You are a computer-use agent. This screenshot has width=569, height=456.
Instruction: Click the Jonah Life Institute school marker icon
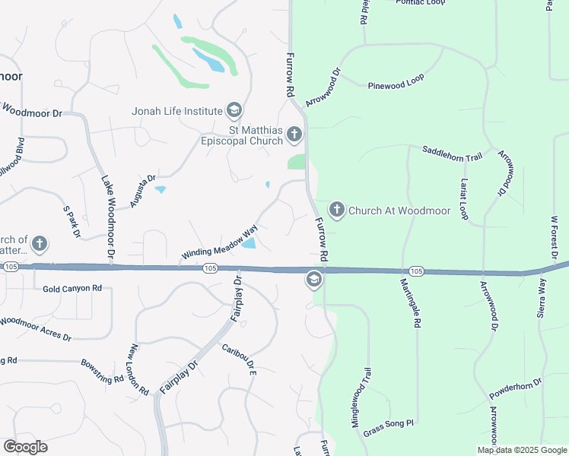coord(234,111)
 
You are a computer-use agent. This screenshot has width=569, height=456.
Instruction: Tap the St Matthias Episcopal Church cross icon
coord(294,136)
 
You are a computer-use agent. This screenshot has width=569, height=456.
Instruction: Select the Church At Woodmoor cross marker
coord(336,210)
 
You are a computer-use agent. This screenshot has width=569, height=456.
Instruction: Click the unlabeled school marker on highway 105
coord(313,280)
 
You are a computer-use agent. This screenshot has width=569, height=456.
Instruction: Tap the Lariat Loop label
coord(464,201)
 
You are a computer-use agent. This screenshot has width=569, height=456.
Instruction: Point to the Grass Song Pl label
coord(388,423)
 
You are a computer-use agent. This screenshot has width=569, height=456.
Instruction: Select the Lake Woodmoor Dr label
coord(108,217)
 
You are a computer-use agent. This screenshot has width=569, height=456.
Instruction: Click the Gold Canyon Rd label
coord(72,289)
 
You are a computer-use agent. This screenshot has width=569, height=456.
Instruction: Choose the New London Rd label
coord(138,369)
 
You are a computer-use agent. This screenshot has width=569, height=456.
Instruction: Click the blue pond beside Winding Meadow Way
coord(248,243)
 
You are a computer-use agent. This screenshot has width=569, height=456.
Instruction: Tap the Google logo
coord(25,447)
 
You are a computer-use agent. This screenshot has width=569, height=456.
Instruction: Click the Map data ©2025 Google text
coord(521,450)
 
